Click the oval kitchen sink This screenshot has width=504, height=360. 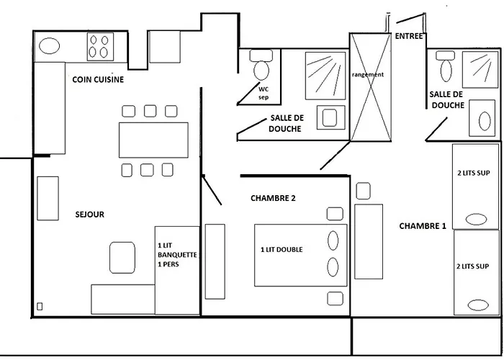[50, 46]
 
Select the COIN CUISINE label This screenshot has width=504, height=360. [98, 80]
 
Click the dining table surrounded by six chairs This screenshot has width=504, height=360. [153, 140]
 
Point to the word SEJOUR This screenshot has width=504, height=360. [90, 215]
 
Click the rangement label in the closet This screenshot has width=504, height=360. [368, 74]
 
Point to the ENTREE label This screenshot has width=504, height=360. [410, 36]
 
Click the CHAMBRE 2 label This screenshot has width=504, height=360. [273, 198]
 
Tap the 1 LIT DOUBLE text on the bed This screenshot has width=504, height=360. [282, 250]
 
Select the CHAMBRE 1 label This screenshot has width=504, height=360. [423, 225]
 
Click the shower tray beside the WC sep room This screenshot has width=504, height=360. [322, 74]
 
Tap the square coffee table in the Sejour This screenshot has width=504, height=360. [122, 256]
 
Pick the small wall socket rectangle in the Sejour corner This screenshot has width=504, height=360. [40, 307]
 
